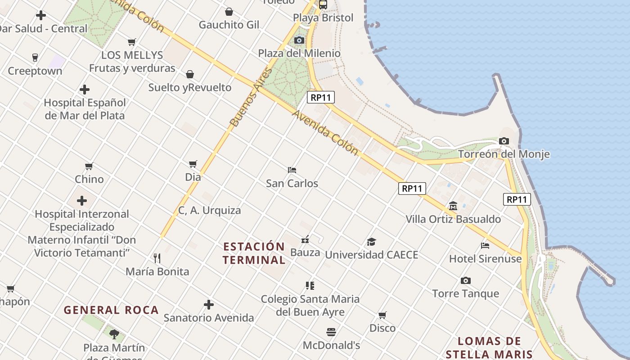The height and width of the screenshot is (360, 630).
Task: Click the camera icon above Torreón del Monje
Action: click(x=504, y=141)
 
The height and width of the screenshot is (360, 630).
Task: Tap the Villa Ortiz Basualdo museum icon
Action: click(x=453, y=206)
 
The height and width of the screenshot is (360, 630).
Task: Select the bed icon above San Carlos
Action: click(x=292, y=170)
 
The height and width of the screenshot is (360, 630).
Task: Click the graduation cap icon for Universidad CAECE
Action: click(x=371, y=242)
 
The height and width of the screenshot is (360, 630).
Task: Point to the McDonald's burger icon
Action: click(x=331, y=333)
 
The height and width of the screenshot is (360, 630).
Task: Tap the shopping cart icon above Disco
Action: click(x=382, y=315)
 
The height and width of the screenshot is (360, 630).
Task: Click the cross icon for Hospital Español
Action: click(x=84, y=90)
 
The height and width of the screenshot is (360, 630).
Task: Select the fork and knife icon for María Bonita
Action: click(x=157, y=258)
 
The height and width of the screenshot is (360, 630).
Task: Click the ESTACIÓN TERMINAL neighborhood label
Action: click(x=254, y=253)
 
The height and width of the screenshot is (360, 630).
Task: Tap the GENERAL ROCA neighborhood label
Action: click(x=111, y=310)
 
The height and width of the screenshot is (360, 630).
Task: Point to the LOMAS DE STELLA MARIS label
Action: click(x=489, y=348)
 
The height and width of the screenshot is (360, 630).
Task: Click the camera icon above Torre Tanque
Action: click(x=466, y=281)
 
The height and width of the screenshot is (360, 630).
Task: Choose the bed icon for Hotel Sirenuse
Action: click(x=485, y=246)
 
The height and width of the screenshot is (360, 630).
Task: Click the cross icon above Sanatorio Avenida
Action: click(x=209, y=305)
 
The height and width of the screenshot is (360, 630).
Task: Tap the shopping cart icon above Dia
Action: click(x=193, y=164)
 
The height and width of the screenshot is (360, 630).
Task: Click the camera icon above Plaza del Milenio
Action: click(x=299, y=40)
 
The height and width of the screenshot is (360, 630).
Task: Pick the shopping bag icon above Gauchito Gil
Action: click(x=229, y=12)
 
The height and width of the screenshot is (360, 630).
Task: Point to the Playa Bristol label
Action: click(x=323, y=18)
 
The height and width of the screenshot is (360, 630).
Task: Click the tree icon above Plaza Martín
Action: click(x=114, y=334)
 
